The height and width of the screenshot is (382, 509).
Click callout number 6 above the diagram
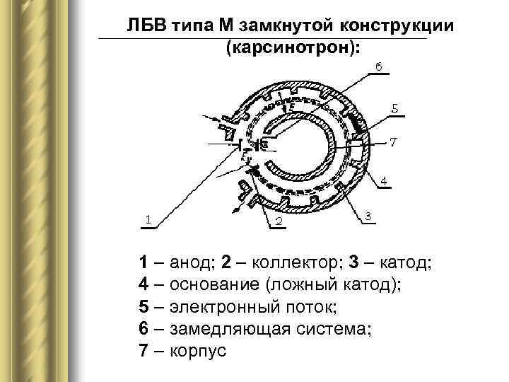tap(379, 66)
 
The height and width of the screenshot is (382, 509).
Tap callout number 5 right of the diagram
tap(394, 109)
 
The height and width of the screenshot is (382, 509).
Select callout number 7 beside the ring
tap(393, 141)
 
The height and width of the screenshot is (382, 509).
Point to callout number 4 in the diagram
tap(382, 182)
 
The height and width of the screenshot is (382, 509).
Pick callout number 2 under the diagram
tap(279, 221)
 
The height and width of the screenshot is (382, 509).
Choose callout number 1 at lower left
tap(148, 219)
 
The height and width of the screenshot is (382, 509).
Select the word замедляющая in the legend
tap(228, 329)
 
